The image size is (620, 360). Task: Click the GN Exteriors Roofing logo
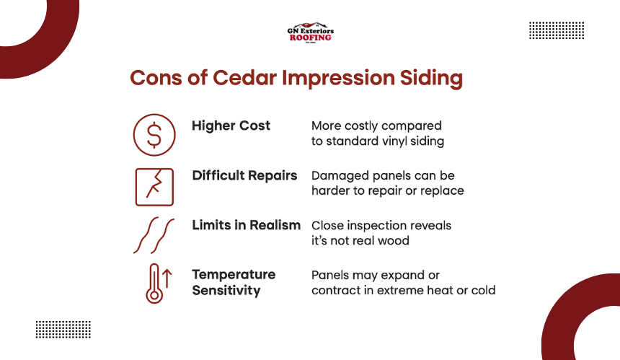point(311,32)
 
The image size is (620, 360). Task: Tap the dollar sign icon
point(154,135)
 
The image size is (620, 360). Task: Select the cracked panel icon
point(154,187)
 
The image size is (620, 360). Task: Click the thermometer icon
point(154,284)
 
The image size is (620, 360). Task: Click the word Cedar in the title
point(245,77)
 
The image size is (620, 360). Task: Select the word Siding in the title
point(431,79)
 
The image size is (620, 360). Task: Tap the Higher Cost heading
point(231,126)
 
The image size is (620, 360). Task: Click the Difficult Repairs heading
point(244,175)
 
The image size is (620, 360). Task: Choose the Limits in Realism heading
point(247,225)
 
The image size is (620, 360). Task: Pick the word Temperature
point(234,275)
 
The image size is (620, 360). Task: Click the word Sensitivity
point(226,291)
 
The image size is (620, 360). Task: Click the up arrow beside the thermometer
point(167,278)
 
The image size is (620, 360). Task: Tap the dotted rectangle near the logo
point(557,30)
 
